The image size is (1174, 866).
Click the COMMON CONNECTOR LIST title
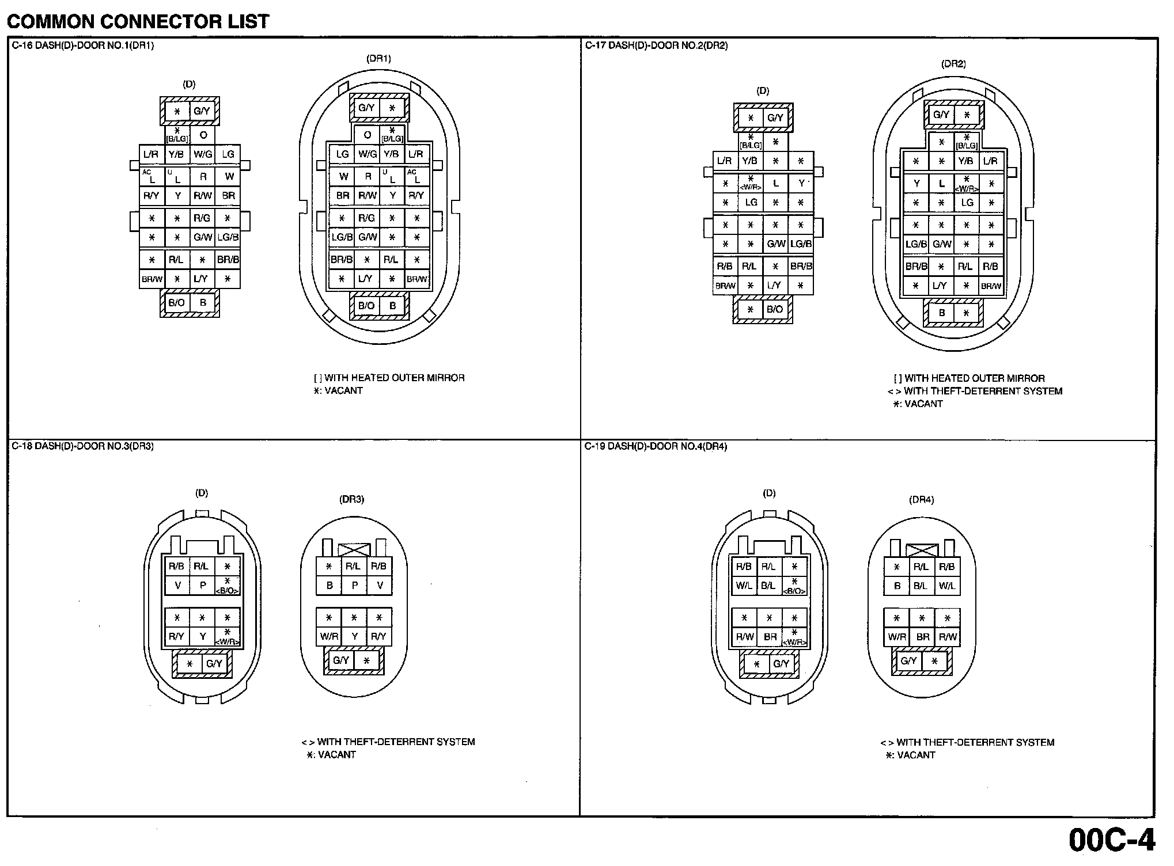[x=138, y=21]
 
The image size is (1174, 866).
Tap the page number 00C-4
[x=1112, y=840]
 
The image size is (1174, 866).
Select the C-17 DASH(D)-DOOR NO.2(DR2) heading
[x=656, y=46]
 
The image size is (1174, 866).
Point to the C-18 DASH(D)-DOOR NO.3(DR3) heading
[x=82, y=446]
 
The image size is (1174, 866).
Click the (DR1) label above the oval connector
[x=378, y=59]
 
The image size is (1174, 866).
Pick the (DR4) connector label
[x=921, y=500]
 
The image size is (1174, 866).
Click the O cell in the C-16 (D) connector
[x=203, y=135]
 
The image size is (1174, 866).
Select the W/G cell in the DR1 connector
[x=367, y=154]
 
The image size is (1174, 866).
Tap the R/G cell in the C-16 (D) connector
[x=202, y=218]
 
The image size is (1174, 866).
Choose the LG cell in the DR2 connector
[x=967, y=203]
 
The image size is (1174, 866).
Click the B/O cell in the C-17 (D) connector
[x=775, y=309]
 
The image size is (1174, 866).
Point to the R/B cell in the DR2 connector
[x=991, y=267]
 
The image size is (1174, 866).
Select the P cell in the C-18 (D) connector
[x=202, y=586]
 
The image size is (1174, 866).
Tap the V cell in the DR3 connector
[x=380, y=586]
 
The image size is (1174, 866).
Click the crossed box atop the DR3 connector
[x=354, y=549]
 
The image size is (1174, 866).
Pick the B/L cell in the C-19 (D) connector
[x=768, y=586]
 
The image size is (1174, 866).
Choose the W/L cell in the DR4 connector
[x=946, y=586]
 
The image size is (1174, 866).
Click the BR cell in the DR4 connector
[x=922, y=637]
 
